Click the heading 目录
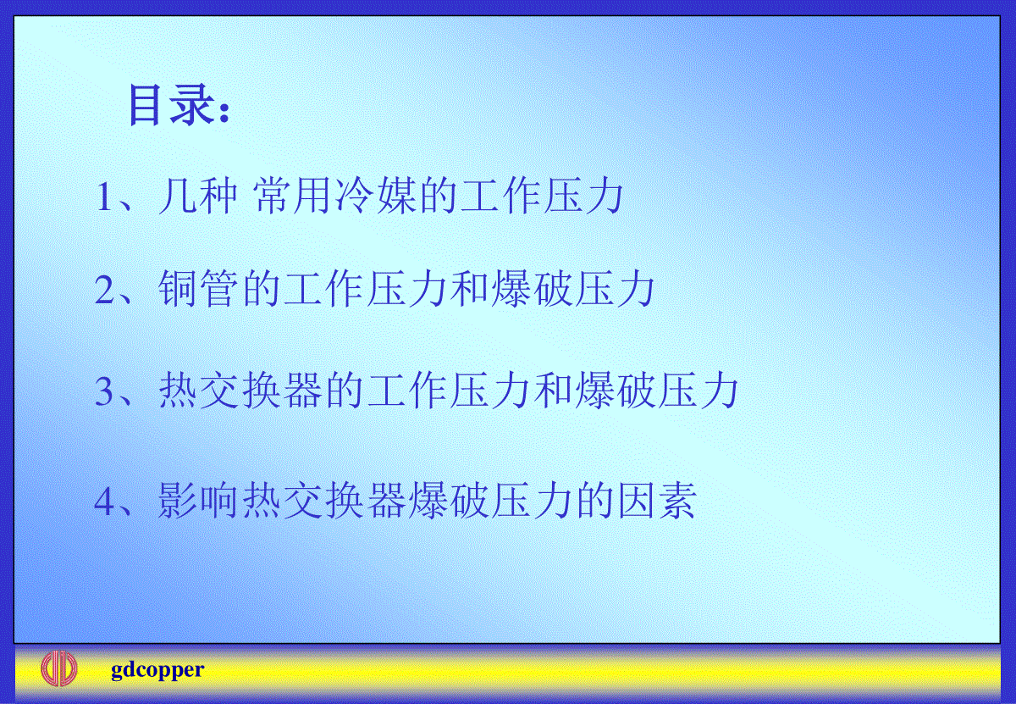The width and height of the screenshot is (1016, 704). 171,105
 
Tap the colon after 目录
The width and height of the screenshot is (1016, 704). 224,111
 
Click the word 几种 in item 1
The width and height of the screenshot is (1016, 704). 198,196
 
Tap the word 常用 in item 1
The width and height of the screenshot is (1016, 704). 292,196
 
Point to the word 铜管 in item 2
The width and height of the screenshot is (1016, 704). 198,289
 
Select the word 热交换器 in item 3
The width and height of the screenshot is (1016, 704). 240,391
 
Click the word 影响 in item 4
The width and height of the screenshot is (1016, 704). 198,502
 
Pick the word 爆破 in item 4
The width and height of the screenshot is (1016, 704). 449,502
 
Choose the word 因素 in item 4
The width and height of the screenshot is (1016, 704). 657,502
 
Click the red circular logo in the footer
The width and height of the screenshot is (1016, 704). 59,669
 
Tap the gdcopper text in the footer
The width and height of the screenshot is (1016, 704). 157,670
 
